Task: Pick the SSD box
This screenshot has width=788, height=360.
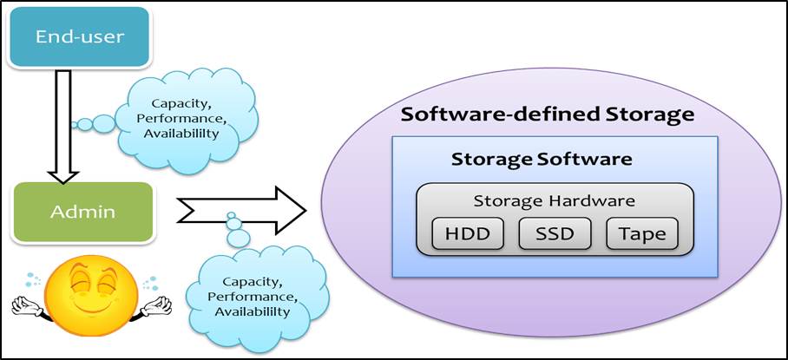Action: (555, 233)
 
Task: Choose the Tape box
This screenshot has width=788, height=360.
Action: (643, 233)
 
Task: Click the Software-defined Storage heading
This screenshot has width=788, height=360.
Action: (548, 115)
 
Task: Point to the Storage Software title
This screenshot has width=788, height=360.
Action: (542, 160)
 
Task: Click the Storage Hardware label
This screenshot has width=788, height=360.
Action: (555, 200)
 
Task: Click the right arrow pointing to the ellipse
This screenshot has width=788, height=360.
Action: (243, 208)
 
